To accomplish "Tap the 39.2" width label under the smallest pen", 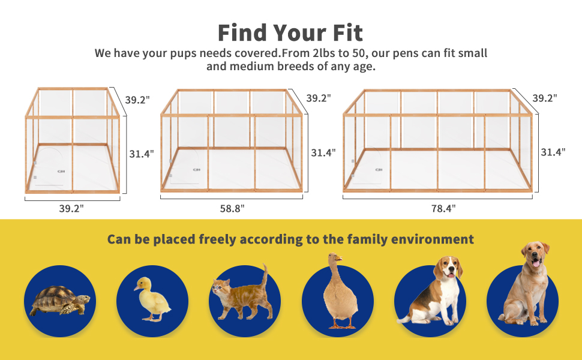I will (71, 208).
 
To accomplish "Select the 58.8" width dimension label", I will (232, 208).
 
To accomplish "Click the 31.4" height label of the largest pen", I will (553, 152).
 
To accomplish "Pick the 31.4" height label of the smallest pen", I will (142, 154).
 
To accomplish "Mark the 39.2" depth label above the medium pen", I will (318, 98).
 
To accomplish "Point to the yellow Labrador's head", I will (534, 254).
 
